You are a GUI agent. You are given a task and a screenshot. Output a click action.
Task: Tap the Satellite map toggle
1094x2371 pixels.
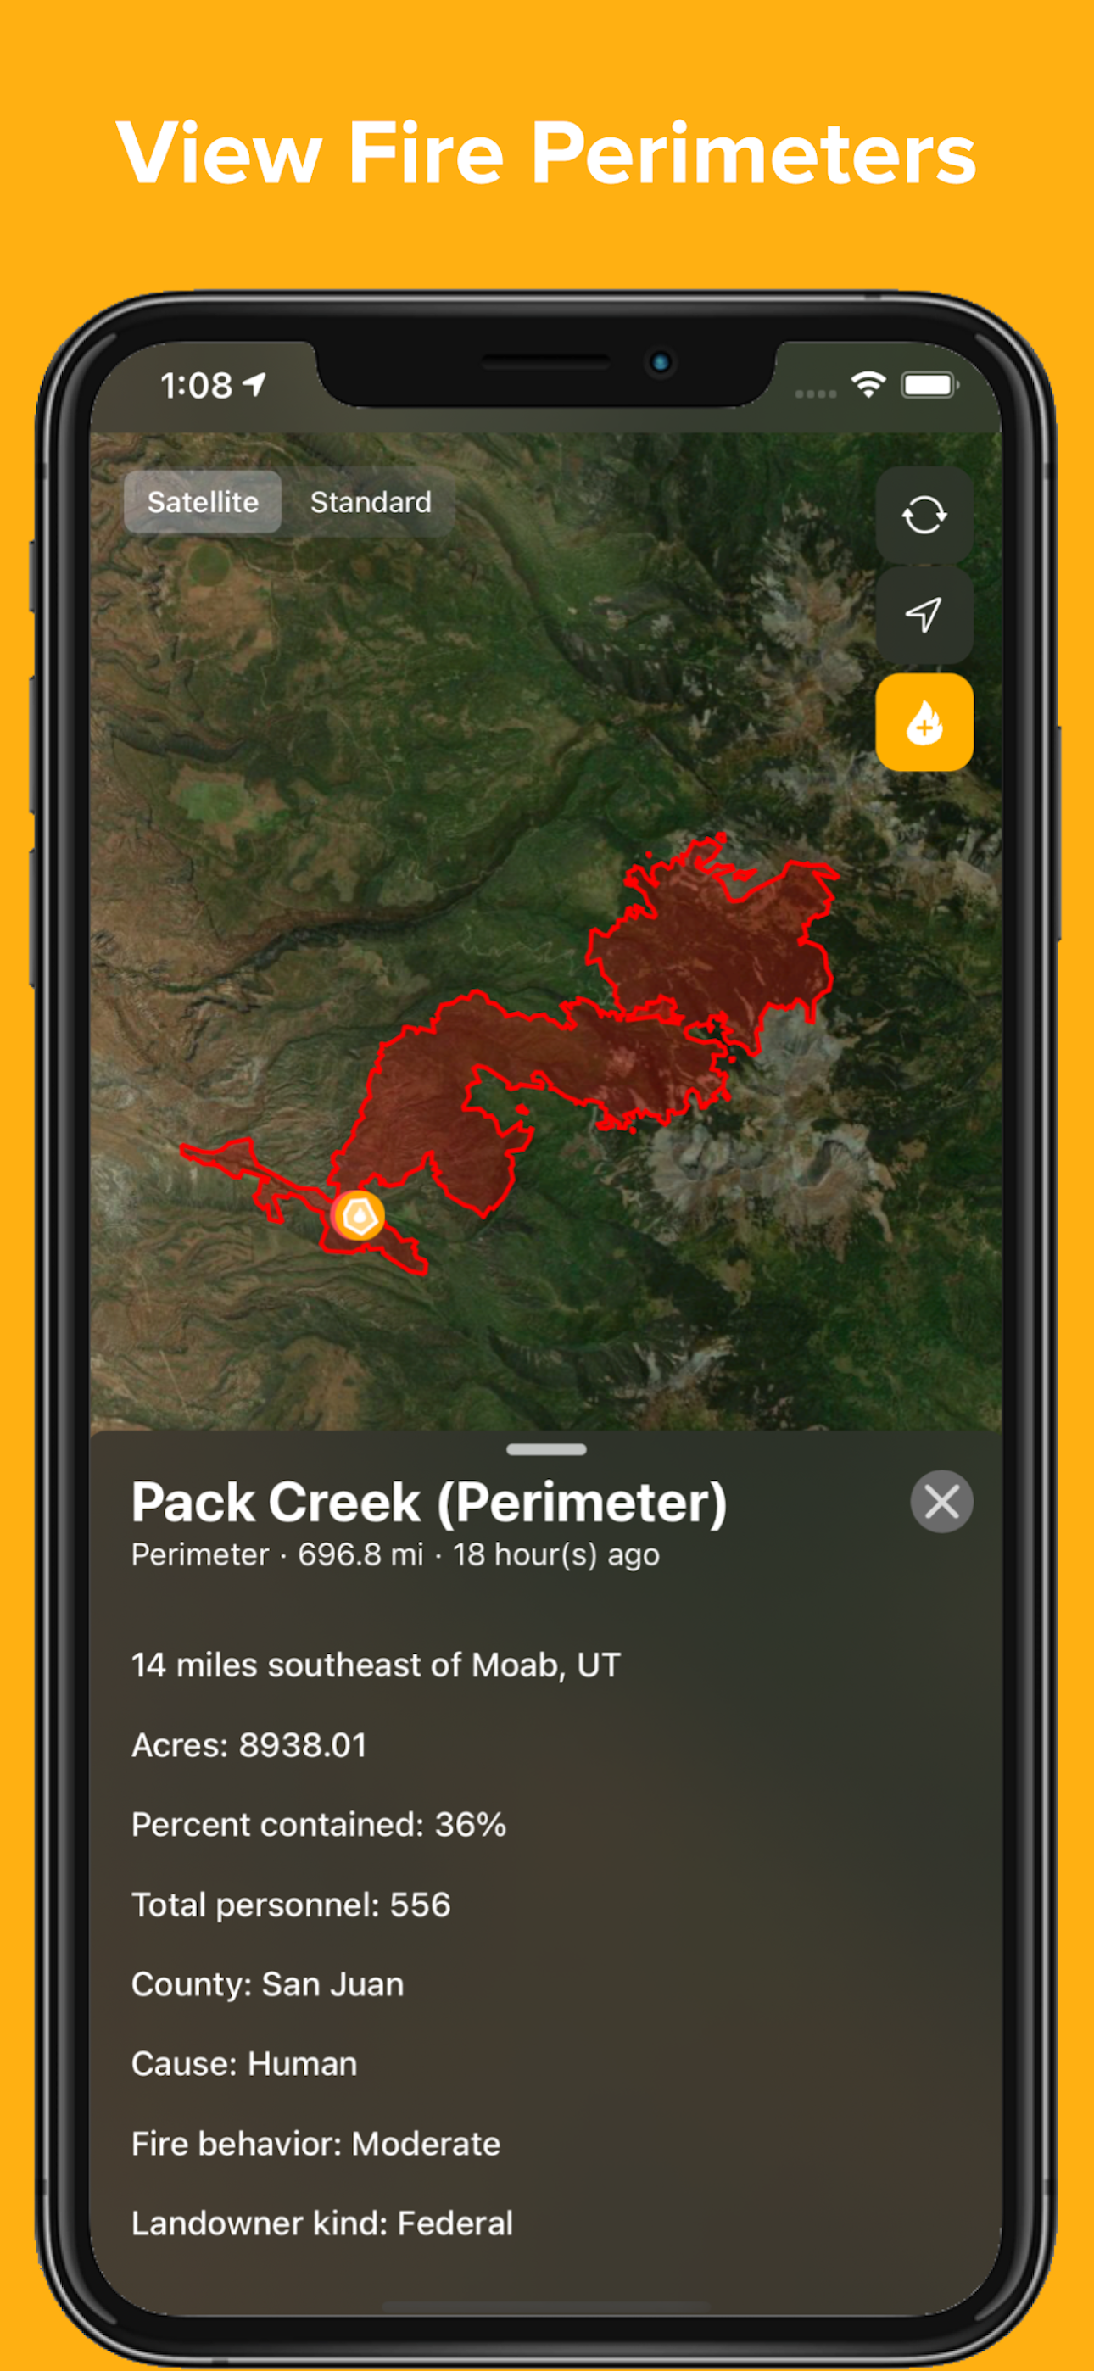[x=203, y=502]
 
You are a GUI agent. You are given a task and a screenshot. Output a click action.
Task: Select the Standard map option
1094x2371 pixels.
[x=371, y=502]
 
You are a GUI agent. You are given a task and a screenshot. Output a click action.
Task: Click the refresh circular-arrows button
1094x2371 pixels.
[x=924, y=515]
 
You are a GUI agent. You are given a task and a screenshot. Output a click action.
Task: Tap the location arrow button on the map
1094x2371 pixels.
[x=924, y=614]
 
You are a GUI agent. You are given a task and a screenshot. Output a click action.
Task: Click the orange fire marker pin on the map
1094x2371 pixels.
[x=358, y=1216]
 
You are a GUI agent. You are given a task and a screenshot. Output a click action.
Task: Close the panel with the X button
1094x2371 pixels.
[x=941, y=1501]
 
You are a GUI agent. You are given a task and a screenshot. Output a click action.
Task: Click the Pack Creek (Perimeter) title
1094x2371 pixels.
[x=429, y=1502]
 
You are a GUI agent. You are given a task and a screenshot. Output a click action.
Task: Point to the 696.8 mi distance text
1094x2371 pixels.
[x=360, y=1554]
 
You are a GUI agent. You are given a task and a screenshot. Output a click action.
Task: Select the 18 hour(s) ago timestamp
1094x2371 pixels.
[x=556, y=1554]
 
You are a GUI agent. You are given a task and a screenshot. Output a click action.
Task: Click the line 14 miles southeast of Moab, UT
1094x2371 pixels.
[x=376, y=1665]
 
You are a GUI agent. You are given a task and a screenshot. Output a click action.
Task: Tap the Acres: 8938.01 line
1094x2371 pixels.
[x=248, y=1745]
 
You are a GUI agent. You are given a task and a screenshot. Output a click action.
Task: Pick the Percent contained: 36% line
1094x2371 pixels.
[x=319, y=1824]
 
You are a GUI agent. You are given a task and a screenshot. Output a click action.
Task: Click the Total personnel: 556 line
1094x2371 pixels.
[x=291, y=1905]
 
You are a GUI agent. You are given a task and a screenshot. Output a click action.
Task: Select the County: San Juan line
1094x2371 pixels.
[x=267, y=1984]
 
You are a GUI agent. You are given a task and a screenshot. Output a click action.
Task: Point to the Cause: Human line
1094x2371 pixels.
[x=244, y=2063]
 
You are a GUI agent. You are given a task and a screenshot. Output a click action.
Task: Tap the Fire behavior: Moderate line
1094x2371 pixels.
[x=315, y=2144]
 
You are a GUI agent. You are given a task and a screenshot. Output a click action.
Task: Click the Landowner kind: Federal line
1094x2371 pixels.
[x=322, y=2223]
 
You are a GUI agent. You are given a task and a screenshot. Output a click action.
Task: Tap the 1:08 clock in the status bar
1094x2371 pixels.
[x=196, y=385]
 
